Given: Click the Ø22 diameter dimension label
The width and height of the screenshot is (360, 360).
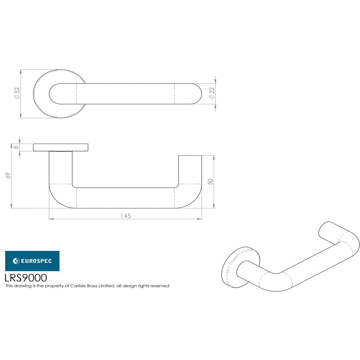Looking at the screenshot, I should click(212, 94).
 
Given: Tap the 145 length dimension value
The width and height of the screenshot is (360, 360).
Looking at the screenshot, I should click(125, 216).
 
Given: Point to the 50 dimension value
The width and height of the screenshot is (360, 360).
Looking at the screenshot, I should click(211, 181).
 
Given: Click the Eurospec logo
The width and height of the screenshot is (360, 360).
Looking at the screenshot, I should click(32, 261).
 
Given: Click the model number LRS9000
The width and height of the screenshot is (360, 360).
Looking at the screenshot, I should click(26, 278).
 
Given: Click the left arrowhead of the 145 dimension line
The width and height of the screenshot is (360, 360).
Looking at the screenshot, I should click(51, 219).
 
